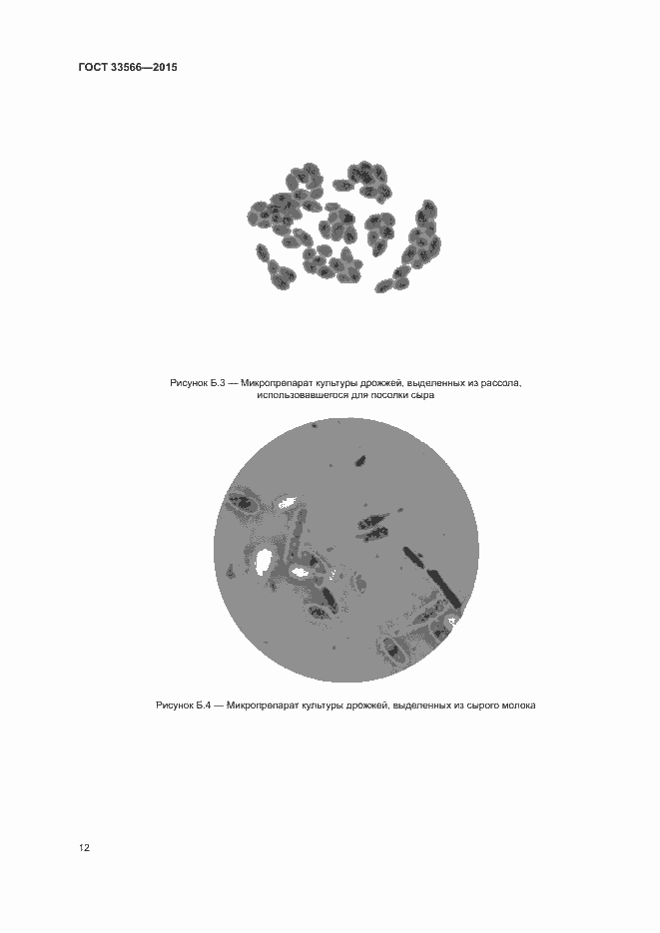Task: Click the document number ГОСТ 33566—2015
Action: coord(128,67)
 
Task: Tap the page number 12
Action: coord(84,847)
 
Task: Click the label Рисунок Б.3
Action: coord(197,383)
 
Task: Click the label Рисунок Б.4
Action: coord(184,705)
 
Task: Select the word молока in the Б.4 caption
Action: coord(519,705)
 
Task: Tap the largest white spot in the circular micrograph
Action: coord(263,561)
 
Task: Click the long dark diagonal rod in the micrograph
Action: coord(431,575)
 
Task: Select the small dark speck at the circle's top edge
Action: coord(315,425)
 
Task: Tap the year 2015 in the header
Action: coord(165,67)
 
